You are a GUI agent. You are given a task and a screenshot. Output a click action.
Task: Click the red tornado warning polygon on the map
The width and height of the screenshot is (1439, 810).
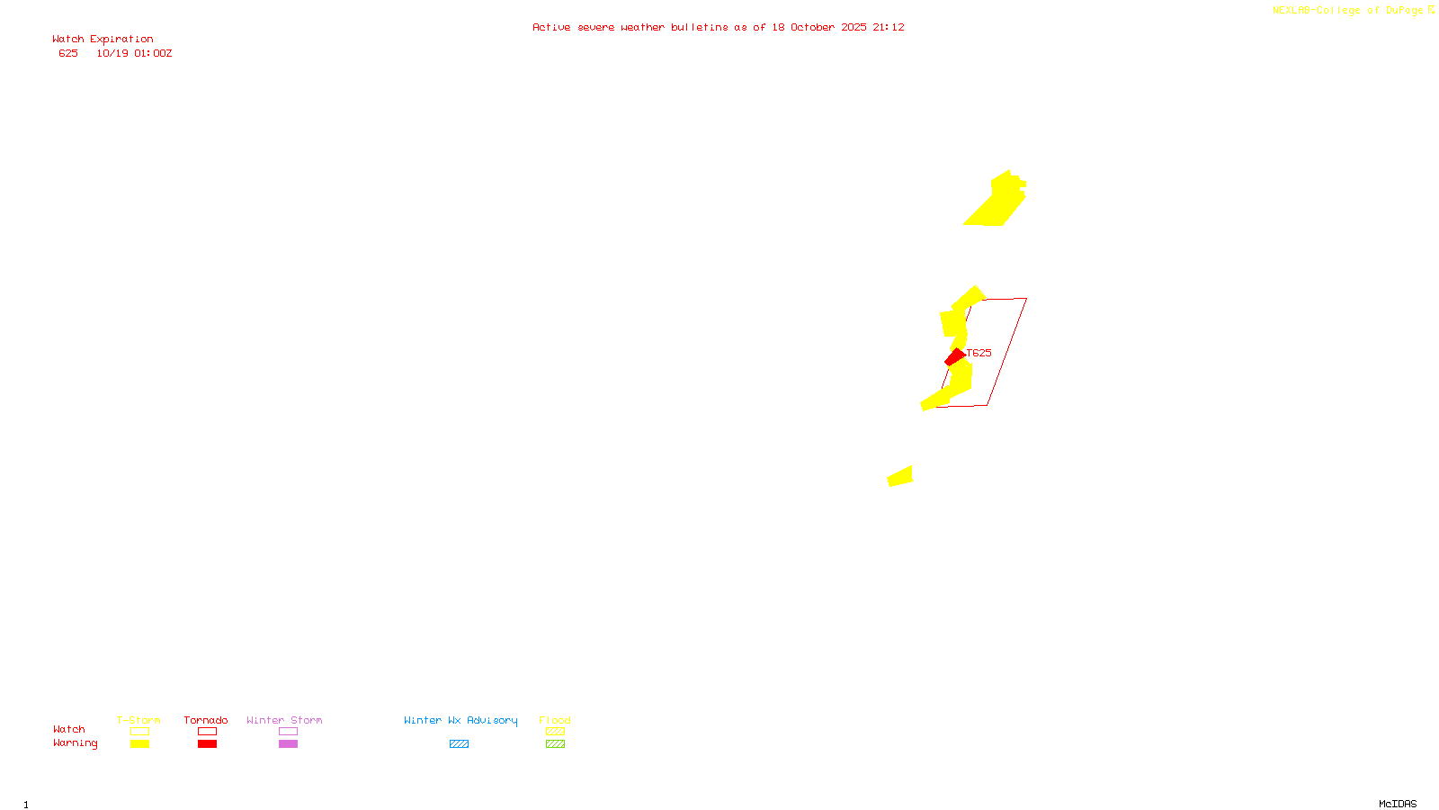click(x=954, y=357)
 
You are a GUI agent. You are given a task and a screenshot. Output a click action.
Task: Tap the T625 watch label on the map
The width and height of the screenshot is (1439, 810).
click(x=979, y=353)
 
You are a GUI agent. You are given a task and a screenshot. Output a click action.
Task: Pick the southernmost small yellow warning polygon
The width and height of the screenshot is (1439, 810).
click(x=900, y=476)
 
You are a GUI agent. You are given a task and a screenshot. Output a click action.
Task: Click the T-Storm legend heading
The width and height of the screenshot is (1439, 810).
click(x=139, y=720)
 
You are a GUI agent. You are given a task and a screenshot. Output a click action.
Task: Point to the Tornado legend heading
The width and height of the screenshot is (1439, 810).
click(x=206, y=720)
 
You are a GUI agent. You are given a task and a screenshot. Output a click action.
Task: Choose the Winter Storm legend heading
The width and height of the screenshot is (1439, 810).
click(x=284, y=720)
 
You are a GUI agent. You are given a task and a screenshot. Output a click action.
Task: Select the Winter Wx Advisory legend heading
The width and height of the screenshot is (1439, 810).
click(x=460, y=720)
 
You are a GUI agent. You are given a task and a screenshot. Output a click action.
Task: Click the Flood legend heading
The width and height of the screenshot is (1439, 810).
click(x=555, y=720)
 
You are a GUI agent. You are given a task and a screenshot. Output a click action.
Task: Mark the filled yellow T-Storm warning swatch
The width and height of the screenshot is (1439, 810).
click(x=139, y=744)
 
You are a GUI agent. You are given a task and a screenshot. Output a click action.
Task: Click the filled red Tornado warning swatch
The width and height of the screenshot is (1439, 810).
click(x=208, y=744)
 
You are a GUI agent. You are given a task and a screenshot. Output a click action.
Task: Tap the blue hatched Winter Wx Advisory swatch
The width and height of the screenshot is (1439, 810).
click(x=459, y=744)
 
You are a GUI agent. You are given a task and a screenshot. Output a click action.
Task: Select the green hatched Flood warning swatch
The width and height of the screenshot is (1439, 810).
click(x=555, y=744)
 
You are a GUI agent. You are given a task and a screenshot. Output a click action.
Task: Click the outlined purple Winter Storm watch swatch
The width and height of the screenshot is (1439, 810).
click(x=288, y=732)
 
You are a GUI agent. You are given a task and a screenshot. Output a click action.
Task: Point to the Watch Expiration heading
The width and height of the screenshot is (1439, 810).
click(x=103, y=39)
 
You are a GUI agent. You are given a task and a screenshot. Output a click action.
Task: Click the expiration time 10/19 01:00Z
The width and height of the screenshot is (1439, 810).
click(x=134, y=53)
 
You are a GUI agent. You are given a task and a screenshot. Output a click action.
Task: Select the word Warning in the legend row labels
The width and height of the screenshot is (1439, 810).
click(x=75, y=743)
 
